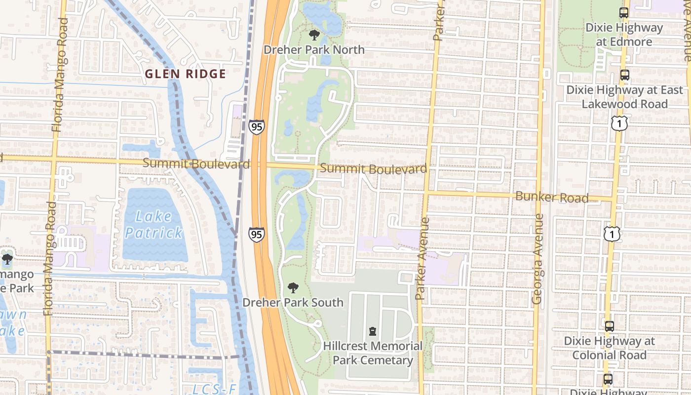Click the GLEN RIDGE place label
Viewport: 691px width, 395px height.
point(185,74)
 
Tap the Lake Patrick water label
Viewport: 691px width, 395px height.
point(154,224)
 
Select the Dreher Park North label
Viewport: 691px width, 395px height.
point(314,50)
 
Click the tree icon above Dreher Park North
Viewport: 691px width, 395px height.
point(314,35)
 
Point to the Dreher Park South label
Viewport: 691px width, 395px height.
point(293,302)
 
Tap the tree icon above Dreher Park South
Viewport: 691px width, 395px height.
point(293,287)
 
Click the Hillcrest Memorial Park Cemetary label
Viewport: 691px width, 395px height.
point(373,353)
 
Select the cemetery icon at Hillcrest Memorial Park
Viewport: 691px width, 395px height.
point(373,331)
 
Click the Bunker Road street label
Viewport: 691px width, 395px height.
point(552,197)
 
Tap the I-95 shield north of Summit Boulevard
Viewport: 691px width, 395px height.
point(256,127)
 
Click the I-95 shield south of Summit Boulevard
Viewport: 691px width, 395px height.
point(256,235)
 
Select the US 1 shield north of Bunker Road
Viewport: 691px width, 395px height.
point(619,123)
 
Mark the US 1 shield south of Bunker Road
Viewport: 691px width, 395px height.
point(612,235)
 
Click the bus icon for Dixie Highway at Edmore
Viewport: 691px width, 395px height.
point(624,13)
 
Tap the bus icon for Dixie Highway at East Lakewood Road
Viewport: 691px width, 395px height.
point(625,75)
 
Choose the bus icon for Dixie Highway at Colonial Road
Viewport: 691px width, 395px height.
point(610,326)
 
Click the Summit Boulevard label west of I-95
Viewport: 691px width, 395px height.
point(196,163)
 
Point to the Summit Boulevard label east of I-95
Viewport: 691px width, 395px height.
point(374,169)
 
